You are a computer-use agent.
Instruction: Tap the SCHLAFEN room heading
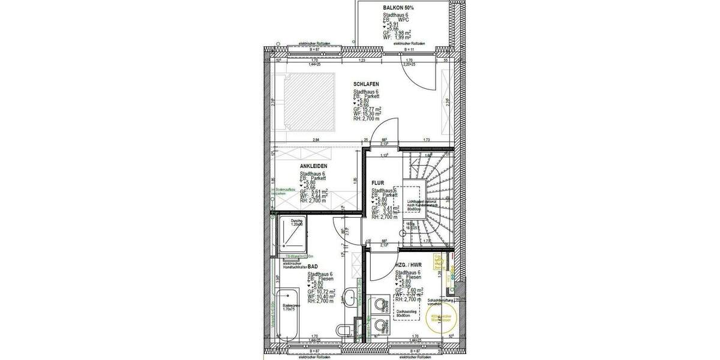coord(367,84)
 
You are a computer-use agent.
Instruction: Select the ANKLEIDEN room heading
coord(314,167)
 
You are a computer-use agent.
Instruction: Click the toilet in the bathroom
coord(343,329)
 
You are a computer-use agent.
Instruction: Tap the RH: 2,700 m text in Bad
coord(320,301)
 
